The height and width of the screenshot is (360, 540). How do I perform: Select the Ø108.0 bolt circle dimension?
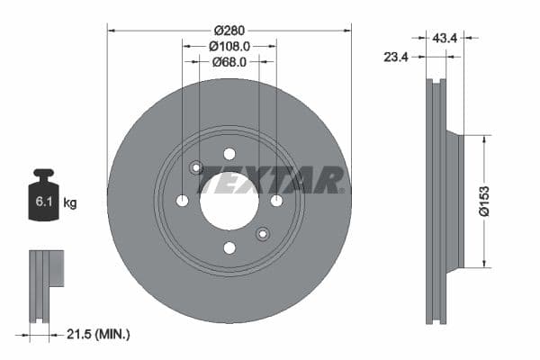[229, 45]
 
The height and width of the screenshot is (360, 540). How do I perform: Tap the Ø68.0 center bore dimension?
[229, 62]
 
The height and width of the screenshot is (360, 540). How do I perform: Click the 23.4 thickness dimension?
[397, 56]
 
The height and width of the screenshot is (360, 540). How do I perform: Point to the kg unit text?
[69, 203]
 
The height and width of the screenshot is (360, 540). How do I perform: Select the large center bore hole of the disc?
[229, 201]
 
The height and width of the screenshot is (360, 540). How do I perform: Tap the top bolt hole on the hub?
[229, 153]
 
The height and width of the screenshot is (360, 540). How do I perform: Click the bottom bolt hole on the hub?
[229, 247]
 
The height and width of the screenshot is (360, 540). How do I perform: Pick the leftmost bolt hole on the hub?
[182, 201]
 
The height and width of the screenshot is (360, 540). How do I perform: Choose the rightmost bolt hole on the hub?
[276, 201]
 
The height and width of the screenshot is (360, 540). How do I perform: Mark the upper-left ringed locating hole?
[196, 166]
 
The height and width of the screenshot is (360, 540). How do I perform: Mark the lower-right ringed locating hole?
[262, 234]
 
